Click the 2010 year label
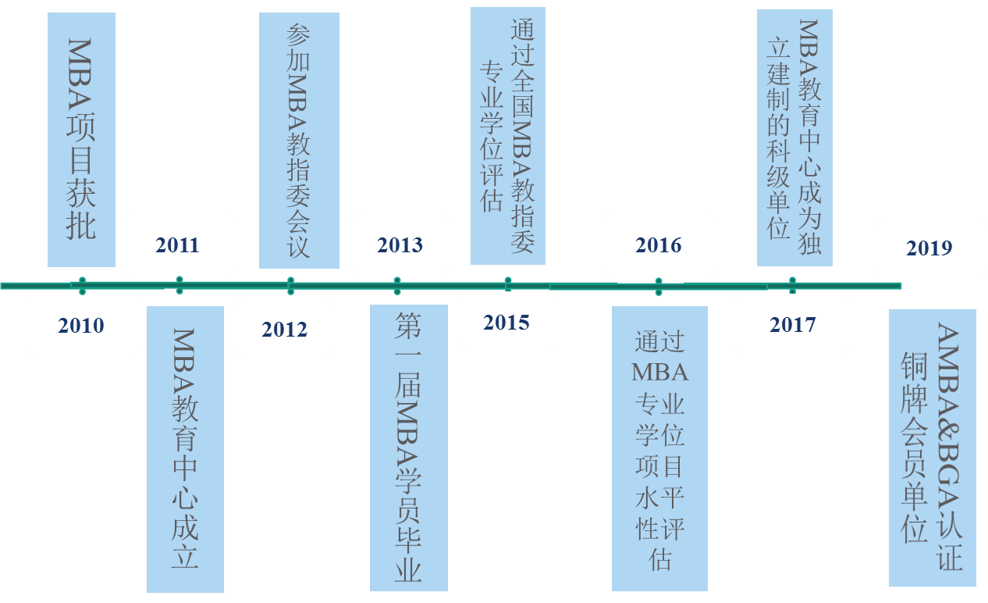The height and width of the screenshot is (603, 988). click(x=81, y=325)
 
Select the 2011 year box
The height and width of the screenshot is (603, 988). click(x=178, y=244)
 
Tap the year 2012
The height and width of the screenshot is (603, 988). click(x=285, y=329)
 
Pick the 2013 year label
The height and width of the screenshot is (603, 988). click(x=400, y=244)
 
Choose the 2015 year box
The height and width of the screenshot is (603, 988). click(x=506, y=322)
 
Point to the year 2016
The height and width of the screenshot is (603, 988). click(x=659, y=244)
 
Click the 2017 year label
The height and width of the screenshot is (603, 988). click(x=793, y=323)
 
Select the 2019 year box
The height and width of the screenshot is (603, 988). click(x=929, y=248)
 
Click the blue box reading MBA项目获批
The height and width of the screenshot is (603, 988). click(x=81, y=139)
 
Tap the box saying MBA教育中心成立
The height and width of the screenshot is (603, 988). click(x=185, y=449)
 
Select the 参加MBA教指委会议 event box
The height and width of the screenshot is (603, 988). click(x=299, y=141)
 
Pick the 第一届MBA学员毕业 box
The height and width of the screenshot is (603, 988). click(x=409, y=448)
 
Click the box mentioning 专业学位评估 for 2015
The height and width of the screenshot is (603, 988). click(x=508, y=136)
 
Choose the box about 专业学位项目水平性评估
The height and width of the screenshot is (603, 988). click(x=659, y=448)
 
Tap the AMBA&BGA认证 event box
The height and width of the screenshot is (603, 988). click(x=932, y=448)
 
